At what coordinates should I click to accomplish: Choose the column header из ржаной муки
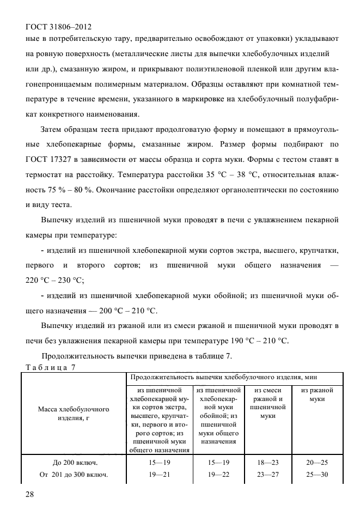pos(317,394)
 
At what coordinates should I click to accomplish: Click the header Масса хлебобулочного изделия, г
pos(73,413)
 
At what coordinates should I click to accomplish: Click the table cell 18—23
pos(267,462)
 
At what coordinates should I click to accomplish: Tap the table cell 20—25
pos(317,462)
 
